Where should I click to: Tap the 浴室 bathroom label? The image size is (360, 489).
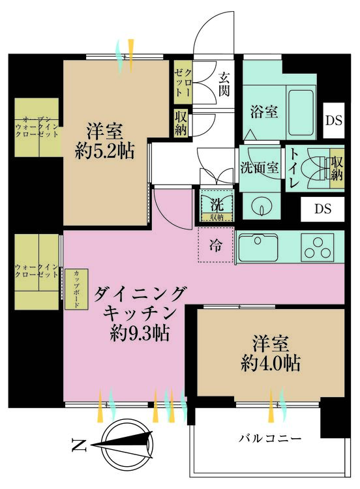tap(264, 111)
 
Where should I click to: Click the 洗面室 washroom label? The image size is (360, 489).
tap(260, 166)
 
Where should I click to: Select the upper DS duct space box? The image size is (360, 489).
tap(334, 121)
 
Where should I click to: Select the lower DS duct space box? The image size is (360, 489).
tap(323, 209)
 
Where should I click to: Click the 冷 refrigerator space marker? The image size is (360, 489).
tap(215, 246)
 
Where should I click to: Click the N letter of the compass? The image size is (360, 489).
tap(79, 447)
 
